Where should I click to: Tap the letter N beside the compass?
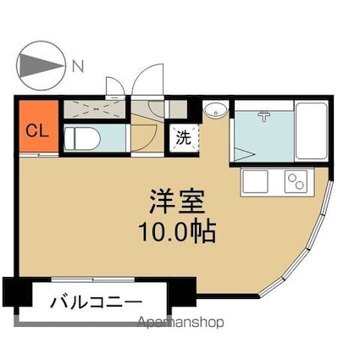click(x=78, y=64)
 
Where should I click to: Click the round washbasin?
click(x=215, y=110)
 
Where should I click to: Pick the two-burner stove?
click(x=296, y=180)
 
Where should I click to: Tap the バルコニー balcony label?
click(x=95, y=302)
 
